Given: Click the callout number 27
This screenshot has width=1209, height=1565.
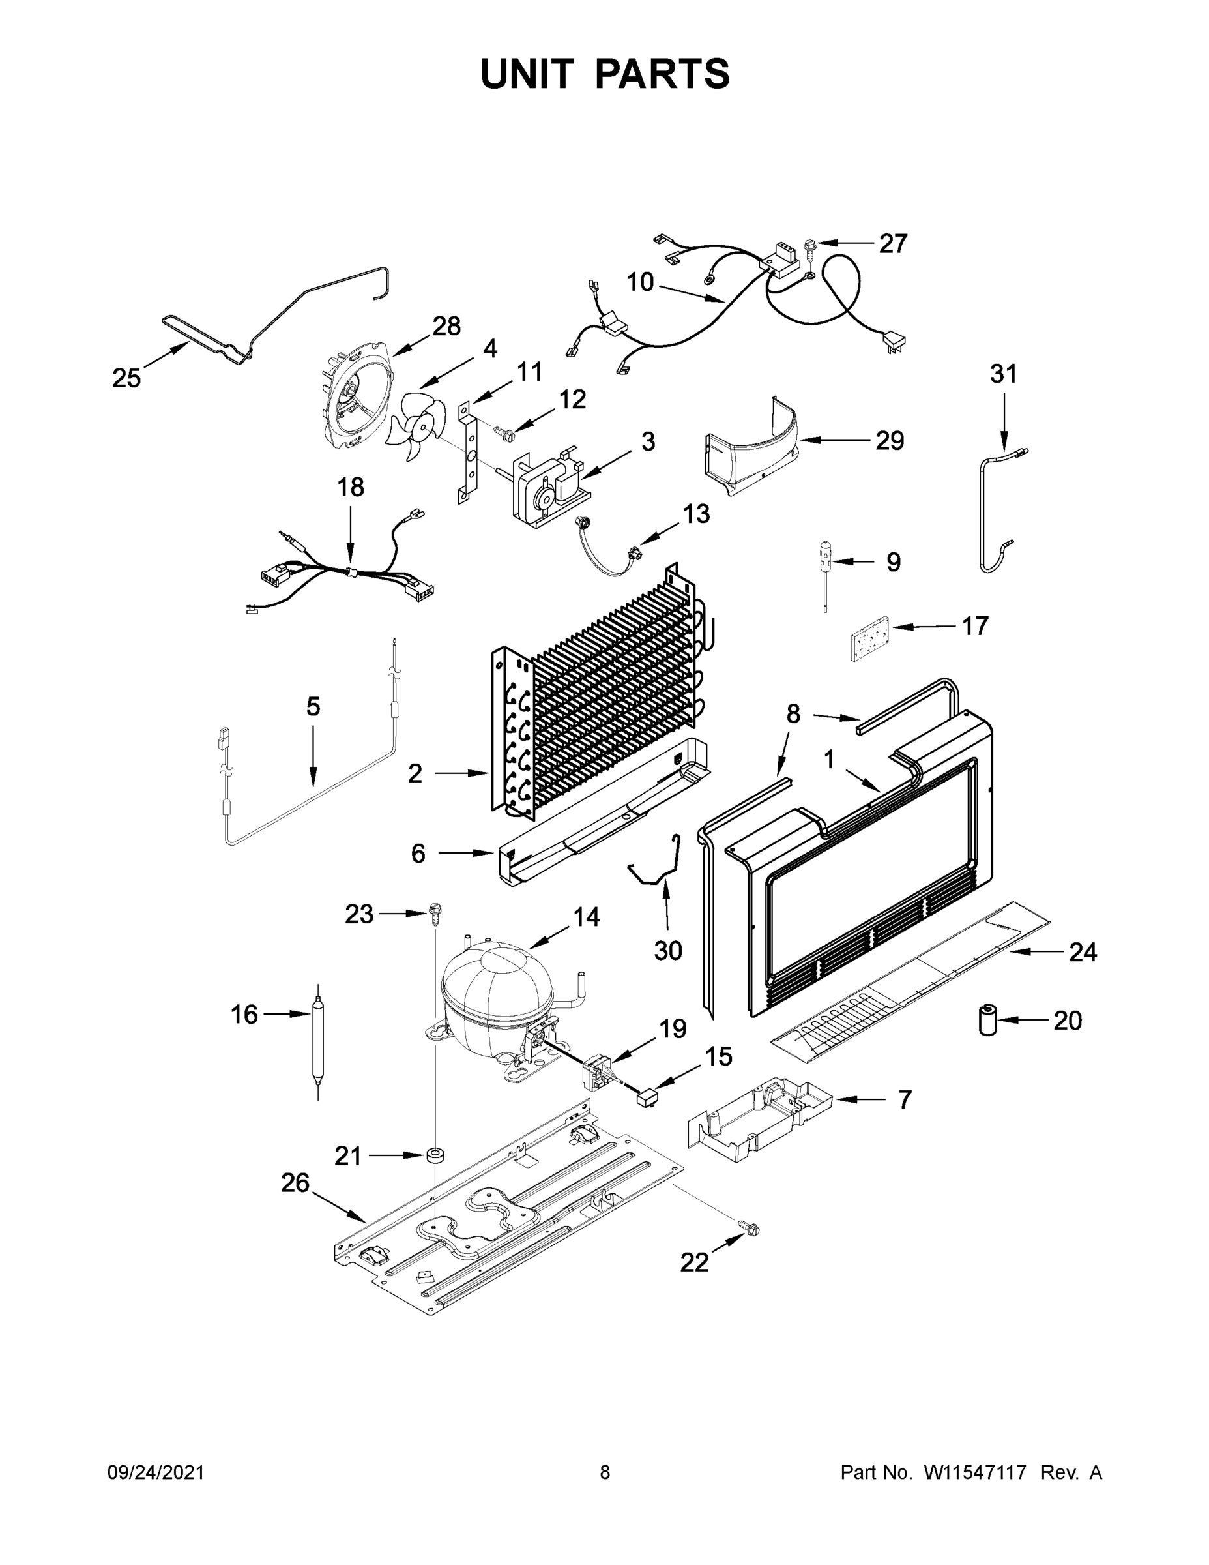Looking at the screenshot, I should point(893,244).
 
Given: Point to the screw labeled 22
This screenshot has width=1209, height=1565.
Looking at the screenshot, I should point(750,1230).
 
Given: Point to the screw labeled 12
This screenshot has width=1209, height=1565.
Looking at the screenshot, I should point(504,430).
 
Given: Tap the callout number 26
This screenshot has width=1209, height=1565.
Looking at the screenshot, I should point(295,1182).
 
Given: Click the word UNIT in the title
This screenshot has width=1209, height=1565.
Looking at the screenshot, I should point(527,74).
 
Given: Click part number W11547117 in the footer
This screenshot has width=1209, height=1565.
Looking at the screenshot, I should point(975,1472).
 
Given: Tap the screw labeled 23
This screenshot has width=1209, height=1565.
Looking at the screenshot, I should point(434,912).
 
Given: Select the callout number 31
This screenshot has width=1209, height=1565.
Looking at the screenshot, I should point(1003,374).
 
